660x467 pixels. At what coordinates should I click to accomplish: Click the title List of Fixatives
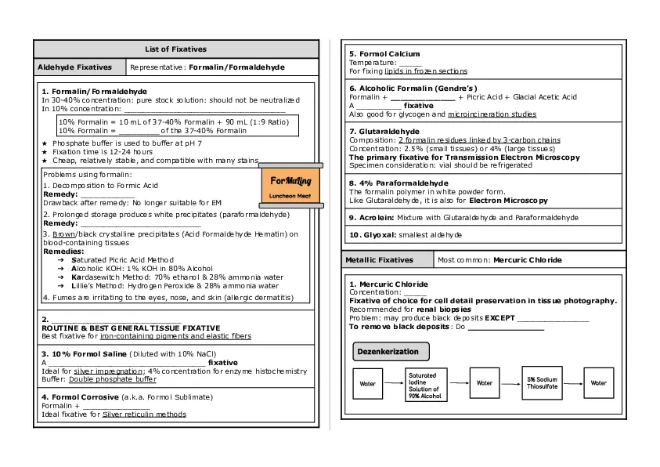click(x=175, y=49)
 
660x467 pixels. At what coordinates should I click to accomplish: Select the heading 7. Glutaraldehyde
click(x=384, y=132)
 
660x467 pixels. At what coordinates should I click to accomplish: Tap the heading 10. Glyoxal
click(x=372, y=234)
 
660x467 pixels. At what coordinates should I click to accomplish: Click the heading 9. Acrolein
click(x=372, y=217)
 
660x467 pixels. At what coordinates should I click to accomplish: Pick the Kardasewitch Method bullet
click(x=176, y=277)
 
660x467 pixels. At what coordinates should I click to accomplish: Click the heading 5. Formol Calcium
click(x=384, y=54)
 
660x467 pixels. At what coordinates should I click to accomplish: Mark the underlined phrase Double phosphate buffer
click(x=113, y=379)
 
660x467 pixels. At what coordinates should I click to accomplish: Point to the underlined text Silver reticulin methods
click(x=144, y=414)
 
